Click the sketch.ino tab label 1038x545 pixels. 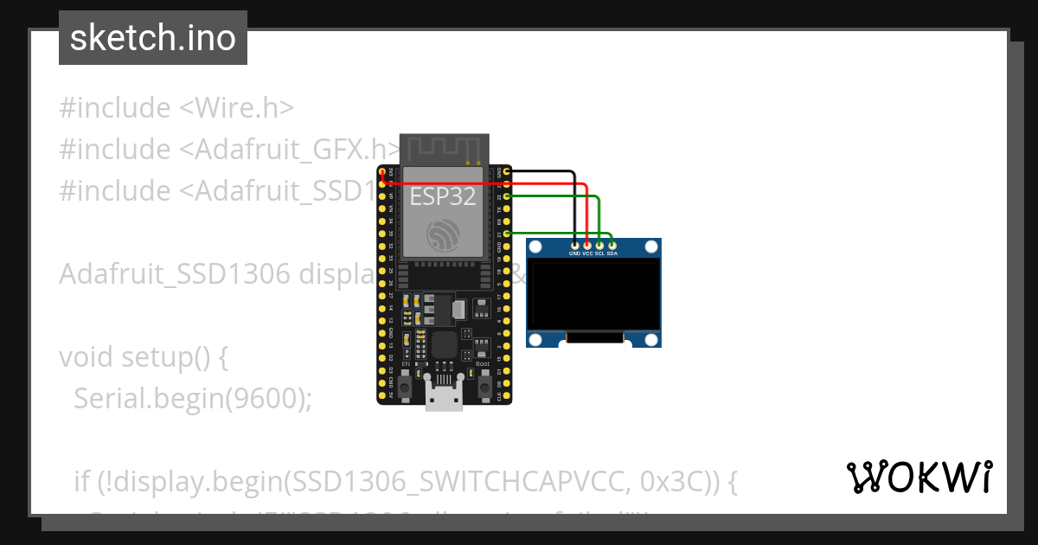point(153,38)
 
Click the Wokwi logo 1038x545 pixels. point(919,478)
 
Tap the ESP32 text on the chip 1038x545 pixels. point(443,196)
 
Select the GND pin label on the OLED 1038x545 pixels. point(574,254)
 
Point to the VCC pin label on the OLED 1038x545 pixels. point(587,254)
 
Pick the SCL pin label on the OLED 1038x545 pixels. point(599,254)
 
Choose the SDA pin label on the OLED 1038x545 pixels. point(612,254)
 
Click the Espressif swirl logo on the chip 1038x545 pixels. point(443,234)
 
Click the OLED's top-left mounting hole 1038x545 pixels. point(536,248)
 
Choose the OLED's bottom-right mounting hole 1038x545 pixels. point(651,338)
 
